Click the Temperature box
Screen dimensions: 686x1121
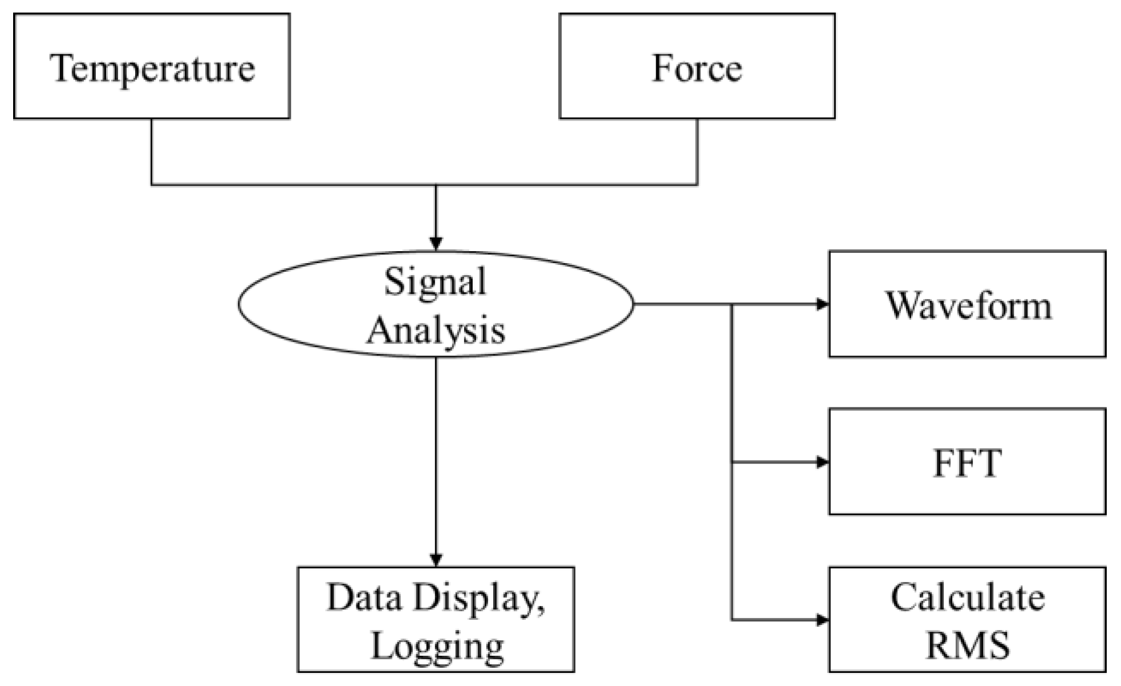pos(152,66)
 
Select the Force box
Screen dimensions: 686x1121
pos(697,66)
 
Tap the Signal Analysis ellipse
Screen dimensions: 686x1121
pos(436,304)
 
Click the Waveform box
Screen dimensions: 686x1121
pos(967,304)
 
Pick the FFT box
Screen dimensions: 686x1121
pos(967,462)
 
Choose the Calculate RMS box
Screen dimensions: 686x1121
pos(967,620)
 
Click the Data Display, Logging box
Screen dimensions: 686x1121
pos(436,620)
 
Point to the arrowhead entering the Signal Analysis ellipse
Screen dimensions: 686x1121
pos(436,244)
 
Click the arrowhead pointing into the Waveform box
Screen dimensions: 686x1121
pos(822,304)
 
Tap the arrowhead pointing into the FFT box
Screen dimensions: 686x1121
pos(822,462)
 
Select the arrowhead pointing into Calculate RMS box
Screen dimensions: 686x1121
pos(822,620)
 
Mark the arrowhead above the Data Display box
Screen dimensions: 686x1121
pos(436,560)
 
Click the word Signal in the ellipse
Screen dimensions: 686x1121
pos(435,281)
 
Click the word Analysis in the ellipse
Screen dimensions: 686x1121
pos(436,330)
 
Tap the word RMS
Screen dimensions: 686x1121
pos(968,645)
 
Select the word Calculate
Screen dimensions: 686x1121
pos(968,598)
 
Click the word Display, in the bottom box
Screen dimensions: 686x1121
pos(478,599)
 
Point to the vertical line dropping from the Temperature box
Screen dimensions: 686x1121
pos(152,151)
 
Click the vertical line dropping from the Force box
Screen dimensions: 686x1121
pos(697,151)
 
